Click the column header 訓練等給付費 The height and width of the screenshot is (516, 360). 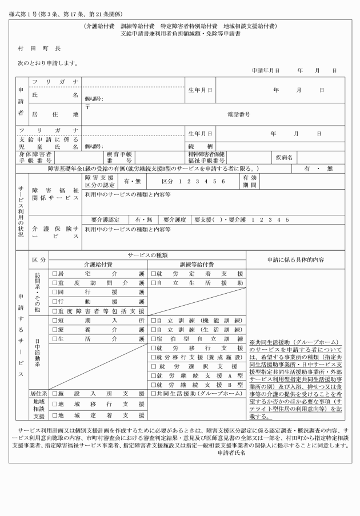pyautogui.click(x=196, y=265)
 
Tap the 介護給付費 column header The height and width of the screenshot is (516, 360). pyautogui.click(x=98, y=265)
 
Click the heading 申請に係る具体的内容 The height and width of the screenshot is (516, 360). pyautogui.click(x=295, y=259)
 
